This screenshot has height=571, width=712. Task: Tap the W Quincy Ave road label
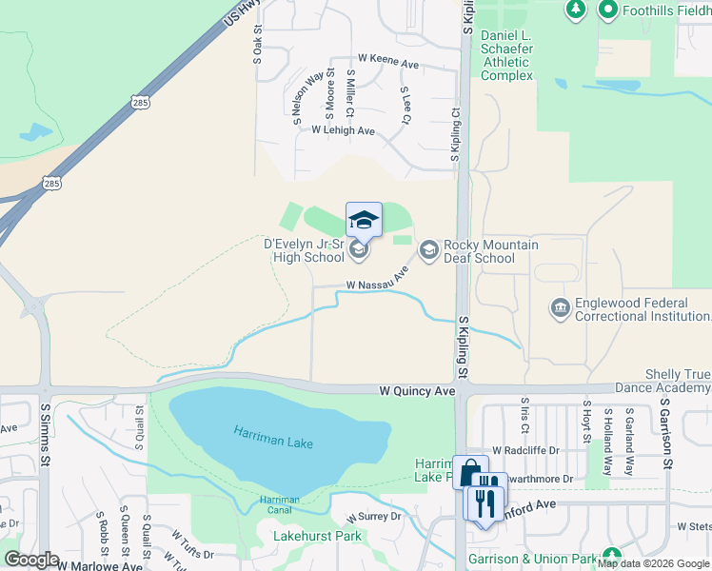(418, 391)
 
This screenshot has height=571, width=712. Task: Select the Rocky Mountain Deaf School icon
(428, 249)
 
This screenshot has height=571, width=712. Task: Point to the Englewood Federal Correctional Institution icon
(560, 307)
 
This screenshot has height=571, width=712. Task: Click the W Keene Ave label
(388, 63)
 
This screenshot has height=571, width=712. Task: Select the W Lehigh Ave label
(343, 130)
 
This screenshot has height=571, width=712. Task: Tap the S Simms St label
(45, 434)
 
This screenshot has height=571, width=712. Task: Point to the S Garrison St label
(667, 434)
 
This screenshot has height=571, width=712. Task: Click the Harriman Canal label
(280, 505)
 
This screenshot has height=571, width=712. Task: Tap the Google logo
(31, 560)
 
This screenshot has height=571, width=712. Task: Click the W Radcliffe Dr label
(523, 450)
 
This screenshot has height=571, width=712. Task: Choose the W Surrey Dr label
(374, 517)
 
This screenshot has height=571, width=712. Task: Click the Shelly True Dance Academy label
(664, 381)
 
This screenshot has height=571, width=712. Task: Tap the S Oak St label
(257, 45)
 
